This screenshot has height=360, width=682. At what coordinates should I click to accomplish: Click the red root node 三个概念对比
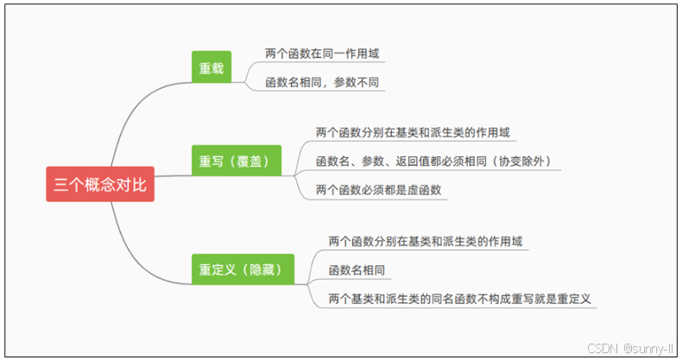point(100,184)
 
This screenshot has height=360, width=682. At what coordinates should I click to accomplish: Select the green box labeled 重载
point(212,68)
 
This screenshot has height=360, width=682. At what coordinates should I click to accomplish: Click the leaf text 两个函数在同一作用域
point(322,54)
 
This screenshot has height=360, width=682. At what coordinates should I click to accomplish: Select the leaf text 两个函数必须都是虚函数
point(379,190)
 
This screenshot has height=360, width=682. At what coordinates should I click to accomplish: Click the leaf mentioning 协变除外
point(433,161)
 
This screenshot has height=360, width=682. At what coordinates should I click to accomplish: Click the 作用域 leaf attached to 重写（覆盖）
point(414,133)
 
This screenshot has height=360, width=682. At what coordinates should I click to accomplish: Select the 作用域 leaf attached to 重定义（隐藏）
point(426,241)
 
